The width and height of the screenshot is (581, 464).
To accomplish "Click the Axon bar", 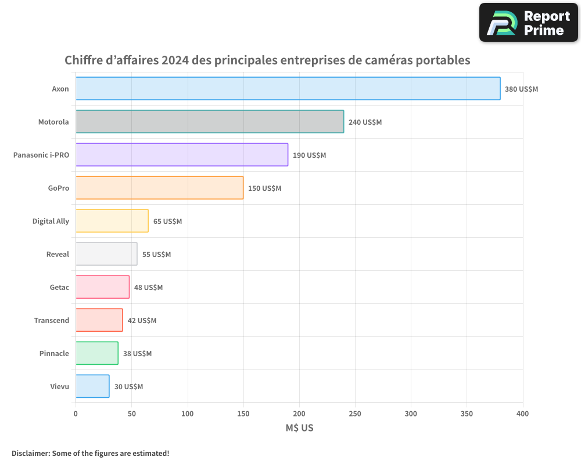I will (x=288, y=89).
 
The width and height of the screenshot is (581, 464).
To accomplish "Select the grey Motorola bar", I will (x=209, y=122).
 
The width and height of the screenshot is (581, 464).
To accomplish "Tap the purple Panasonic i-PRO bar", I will (x=181, y=155).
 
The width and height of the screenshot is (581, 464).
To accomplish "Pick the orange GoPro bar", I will (x=159, y=188).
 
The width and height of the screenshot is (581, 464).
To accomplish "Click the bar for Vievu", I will (x=92, y=386).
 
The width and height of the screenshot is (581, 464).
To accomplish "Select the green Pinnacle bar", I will (x=96, y=353).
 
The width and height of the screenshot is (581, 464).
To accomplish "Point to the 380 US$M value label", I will (x=521, y=89).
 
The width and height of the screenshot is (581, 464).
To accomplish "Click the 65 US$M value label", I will (x=167, y=222).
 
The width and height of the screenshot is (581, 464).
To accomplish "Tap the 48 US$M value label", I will (x=148, y=288).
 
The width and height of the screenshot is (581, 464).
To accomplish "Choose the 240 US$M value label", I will (x=365, y=122).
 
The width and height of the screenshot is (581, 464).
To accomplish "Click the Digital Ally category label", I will (x=51, y=221).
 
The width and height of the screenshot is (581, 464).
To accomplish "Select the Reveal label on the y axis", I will (x=58, y=254).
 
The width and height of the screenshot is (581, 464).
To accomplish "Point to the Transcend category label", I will (x=51, y=320).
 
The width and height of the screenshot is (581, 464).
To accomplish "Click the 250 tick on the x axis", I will (x=355, y=414).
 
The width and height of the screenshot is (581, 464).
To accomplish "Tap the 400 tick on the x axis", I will (x=522, y=414).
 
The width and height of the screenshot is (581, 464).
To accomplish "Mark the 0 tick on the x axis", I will (x=76, y=414).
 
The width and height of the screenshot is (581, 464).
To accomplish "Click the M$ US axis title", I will (x=299, y=428).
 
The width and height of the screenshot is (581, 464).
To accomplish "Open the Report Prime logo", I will (x=528, y=23).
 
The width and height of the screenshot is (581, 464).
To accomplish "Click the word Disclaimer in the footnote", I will (x=30, y=453).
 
